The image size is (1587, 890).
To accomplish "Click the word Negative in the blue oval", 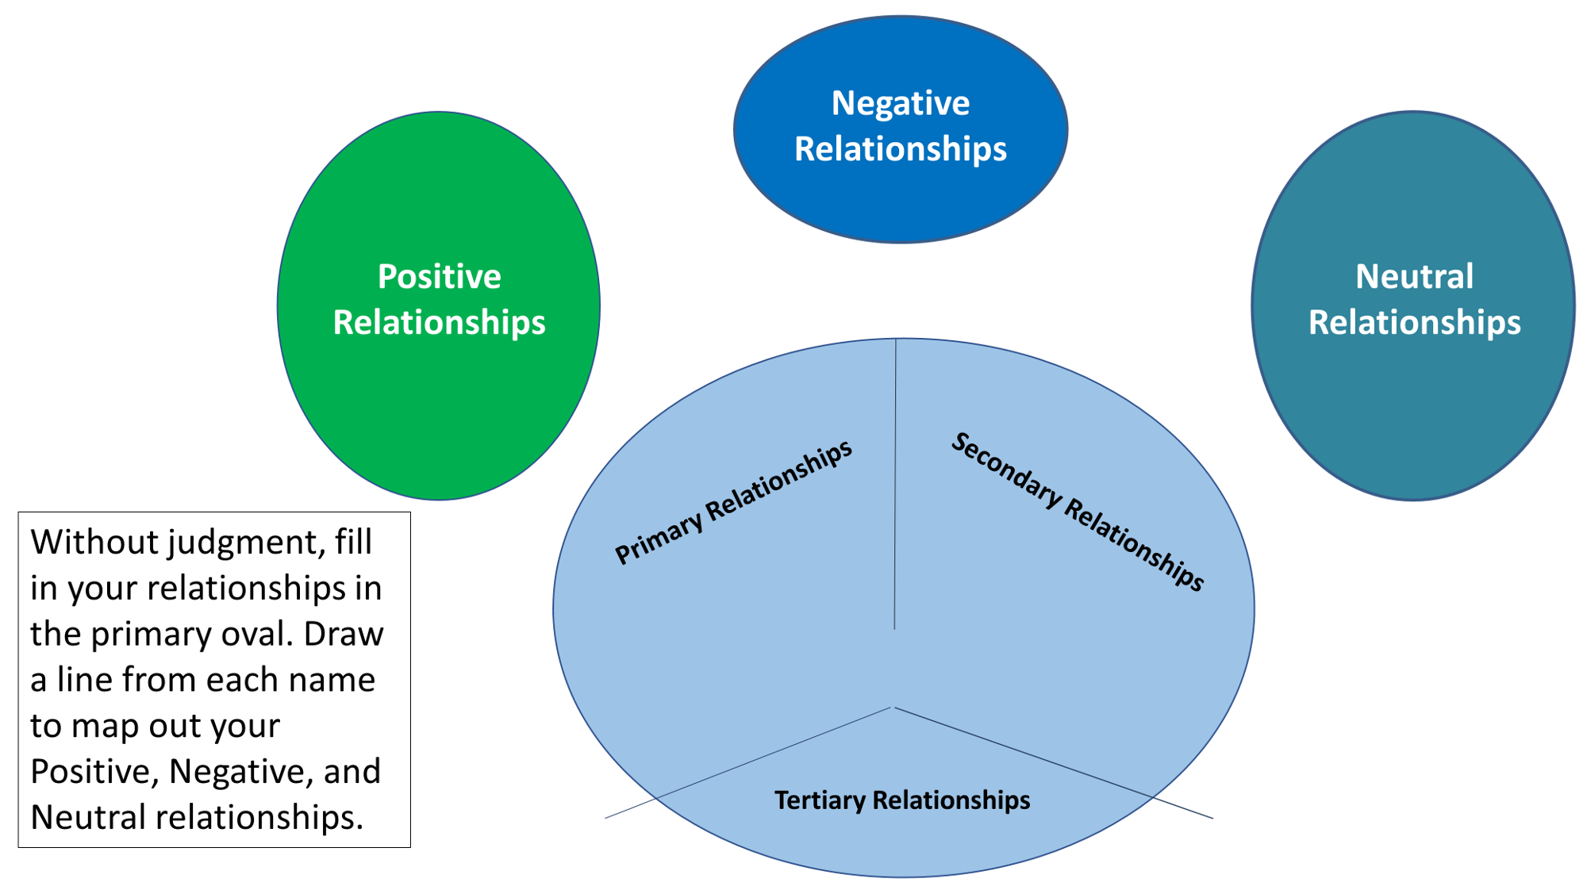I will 900,104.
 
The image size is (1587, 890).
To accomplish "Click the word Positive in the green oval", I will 439,277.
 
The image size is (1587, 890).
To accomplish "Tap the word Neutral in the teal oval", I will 1413,277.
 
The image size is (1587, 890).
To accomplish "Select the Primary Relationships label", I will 733,502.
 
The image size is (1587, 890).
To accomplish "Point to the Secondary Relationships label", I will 1077,512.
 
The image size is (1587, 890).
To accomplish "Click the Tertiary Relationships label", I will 901,800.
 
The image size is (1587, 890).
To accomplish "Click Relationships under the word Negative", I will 900,149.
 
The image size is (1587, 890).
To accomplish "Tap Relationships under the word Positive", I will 439,323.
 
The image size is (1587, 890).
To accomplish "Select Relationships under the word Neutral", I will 1413,323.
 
